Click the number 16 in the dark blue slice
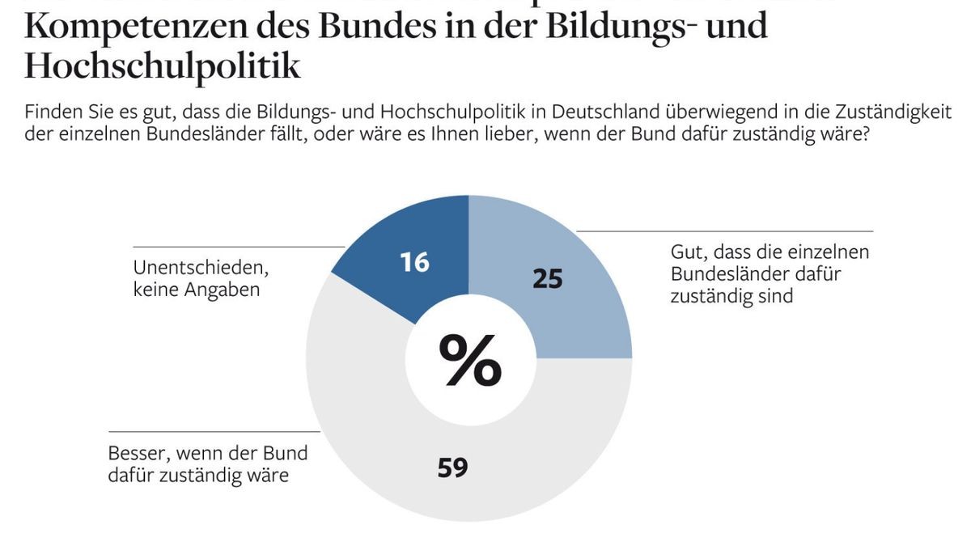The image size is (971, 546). point(414,262)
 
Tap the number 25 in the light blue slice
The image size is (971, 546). point(547,278)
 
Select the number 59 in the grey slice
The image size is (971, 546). point(453,468)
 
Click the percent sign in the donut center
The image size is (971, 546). point(469,360)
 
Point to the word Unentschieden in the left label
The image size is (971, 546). point(200,268)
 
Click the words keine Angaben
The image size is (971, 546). point(197,289)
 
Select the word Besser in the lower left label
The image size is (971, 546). point(136,454)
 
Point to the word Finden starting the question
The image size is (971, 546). point(51,111)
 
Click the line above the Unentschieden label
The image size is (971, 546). point(239,247)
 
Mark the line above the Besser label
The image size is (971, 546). point(214,431)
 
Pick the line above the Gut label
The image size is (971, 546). point(724,231)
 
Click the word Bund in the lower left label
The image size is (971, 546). point(290,454)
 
